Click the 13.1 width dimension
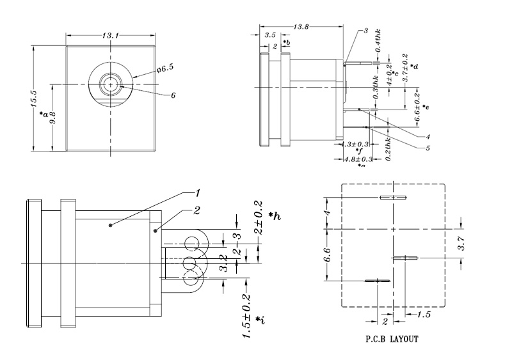111,36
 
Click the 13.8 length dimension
301,26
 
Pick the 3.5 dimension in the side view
270,36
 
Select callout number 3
365,31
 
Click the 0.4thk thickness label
378,41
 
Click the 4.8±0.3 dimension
358,159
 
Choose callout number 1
198,192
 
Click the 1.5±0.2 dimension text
247,316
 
